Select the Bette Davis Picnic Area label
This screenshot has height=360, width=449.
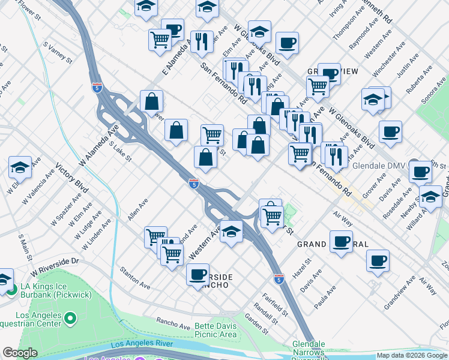coord(215,330)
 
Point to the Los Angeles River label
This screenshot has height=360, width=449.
coord(142,344)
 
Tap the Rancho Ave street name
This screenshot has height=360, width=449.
coord(173,323)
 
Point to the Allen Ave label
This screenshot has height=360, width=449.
coord(137,210)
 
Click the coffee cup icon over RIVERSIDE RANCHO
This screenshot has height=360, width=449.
coord(197,275)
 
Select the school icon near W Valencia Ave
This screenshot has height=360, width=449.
coord(20,168)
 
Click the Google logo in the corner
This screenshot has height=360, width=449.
coord(20,353)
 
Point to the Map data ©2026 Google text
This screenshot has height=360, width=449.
coord(412,355)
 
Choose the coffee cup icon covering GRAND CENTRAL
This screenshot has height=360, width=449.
coord(341,242)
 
